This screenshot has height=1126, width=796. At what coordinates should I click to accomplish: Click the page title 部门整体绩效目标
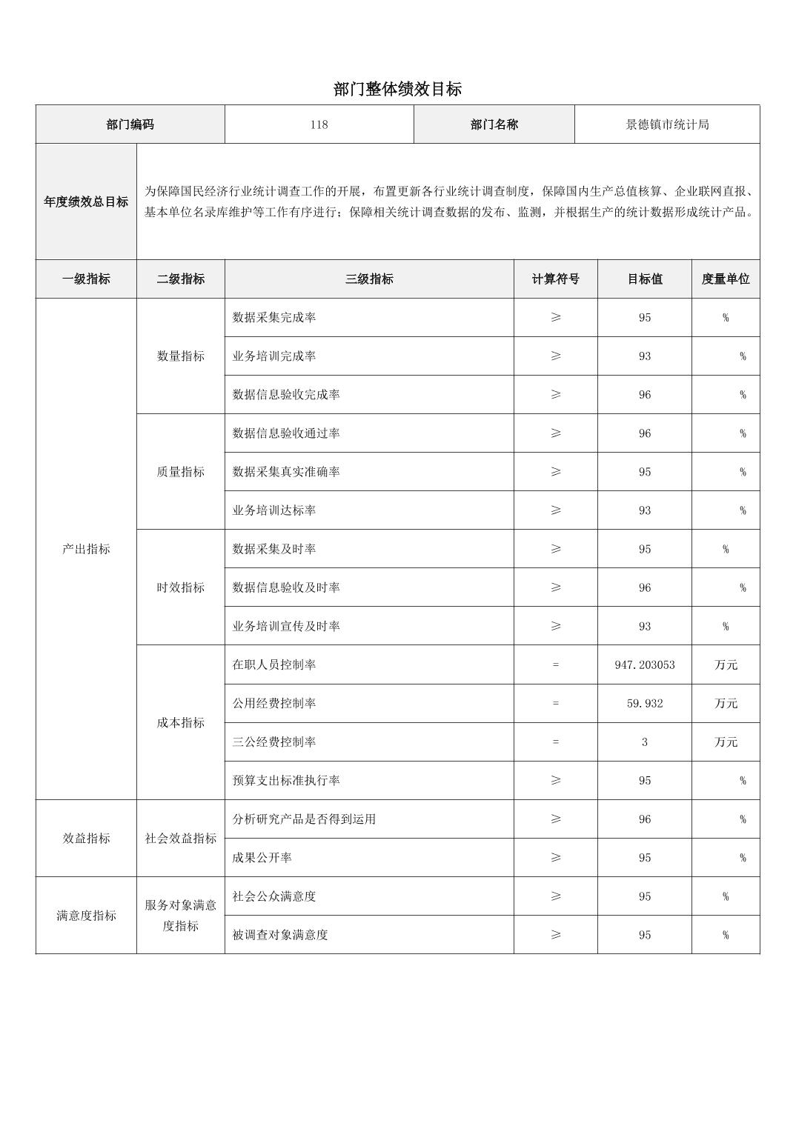(x=397, y=90)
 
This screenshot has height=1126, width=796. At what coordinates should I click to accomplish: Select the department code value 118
(x=319, y=124)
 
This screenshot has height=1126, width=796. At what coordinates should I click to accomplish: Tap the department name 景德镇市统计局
(x=667, y=124)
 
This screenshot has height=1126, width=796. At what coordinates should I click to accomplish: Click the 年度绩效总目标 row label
(x=86, y=201)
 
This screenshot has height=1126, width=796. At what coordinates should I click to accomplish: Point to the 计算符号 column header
(x=555, y=279)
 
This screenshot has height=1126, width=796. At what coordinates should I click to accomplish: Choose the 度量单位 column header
(x=726, y=279)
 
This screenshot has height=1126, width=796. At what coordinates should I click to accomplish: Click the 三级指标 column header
(x=369, y=279)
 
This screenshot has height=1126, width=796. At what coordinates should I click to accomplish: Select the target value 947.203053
(x=644, y=665)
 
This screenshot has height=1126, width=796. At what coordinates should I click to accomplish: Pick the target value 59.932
(x=644, y=704)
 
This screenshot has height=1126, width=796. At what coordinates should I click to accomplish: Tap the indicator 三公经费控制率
(x=274, y=742)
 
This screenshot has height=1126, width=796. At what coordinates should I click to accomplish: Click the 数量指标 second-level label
(x=180, y=356)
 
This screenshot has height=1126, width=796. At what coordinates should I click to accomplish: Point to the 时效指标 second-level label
(x=180, y=587)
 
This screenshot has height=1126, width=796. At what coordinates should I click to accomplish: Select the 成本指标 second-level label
(x=180, y=723)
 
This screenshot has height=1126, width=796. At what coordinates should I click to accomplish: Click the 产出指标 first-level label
(x=86, y=549)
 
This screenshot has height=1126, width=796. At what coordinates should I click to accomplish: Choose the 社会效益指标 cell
(x=180, y=839)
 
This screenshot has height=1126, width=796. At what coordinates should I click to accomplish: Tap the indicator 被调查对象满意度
(x=280, y=935)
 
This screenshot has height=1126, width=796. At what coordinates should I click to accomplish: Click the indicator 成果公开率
(x=262, y=858)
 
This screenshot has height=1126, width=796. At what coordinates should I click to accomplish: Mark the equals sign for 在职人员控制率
(x=555, y=665)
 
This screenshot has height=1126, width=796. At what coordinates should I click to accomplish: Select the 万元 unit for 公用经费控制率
(x=726, y=704)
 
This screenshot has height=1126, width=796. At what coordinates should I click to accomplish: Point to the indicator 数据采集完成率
(x=274, y=318)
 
